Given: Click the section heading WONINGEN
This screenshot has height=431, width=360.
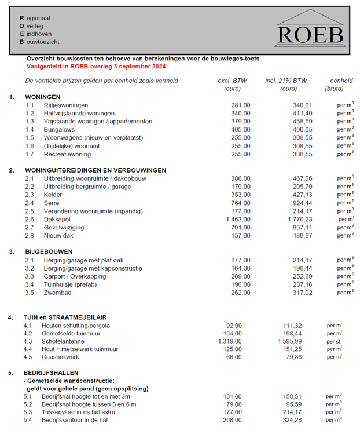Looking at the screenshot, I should click(43, 97).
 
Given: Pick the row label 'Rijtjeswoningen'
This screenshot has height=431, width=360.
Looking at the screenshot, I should click(66, 105).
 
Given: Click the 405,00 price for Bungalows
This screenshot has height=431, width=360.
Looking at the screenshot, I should click(241, 130).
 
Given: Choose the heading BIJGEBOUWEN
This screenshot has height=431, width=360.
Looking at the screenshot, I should click(49, 252).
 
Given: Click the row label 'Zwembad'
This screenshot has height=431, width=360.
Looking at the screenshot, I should click(57, 293).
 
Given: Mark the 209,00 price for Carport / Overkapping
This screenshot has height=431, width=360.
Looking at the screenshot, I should click(241, 277).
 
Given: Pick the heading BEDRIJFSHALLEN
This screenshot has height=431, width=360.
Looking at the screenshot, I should click(52, 372).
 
